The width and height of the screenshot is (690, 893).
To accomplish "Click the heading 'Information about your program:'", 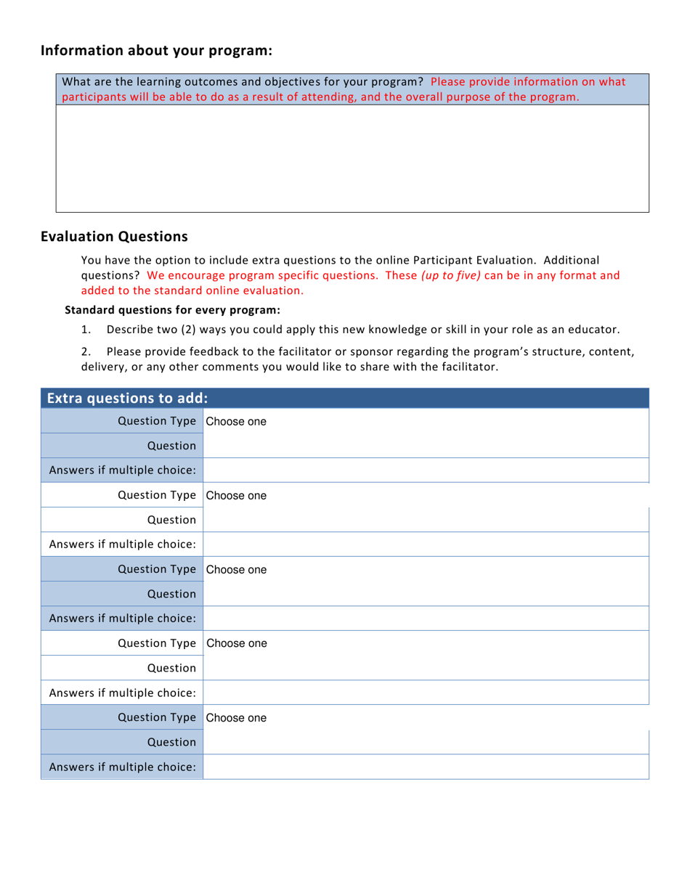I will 156,51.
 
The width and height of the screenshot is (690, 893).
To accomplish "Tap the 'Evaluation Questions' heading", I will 114,236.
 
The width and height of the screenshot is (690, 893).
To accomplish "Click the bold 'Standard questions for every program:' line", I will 173,310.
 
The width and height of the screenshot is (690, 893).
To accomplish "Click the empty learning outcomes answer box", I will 352,158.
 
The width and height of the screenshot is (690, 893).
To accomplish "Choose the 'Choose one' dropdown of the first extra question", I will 236,422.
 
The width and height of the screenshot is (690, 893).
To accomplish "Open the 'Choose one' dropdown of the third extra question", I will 236,570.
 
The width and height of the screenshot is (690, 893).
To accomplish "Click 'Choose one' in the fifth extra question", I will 236,718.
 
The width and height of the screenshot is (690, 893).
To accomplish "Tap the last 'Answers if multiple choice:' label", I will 122,767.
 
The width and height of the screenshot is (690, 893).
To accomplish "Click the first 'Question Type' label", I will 157,422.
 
